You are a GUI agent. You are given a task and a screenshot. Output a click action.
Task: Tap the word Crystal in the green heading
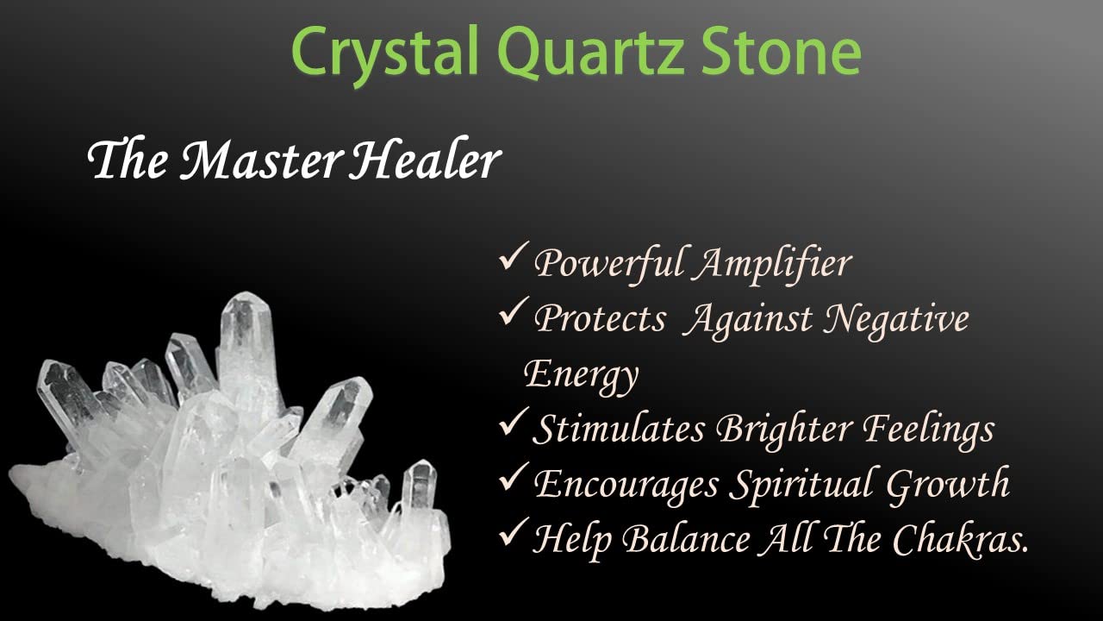coord(385,55)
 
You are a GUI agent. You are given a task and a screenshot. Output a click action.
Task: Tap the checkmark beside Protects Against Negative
coord(514,311)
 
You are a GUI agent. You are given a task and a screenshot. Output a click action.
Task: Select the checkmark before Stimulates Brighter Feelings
coord(514,422)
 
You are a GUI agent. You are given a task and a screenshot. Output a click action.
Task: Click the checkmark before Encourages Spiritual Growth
coord(514,477)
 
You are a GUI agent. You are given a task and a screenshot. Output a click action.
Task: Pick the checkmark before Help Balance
coord(514,532)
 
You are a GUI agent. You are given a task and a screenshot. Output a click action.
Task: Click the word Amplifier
coord(774,264)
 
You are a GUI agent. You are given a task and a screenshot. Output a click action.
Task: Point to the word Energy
coord(581,377)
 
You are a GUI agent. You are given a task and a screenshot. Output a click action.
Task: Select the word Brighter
coord(784,430)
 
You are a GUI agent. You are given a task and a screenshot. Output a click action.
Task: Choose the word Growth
coord(948,484)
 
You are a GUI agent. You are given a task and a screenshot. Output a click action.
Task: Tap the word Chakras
coord(960,539)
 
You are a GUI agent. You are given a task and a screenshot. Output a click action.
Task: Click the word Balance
coord(686,539)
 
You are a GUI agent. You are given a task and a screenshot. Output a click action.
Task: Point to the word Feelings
coord(928,430)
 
